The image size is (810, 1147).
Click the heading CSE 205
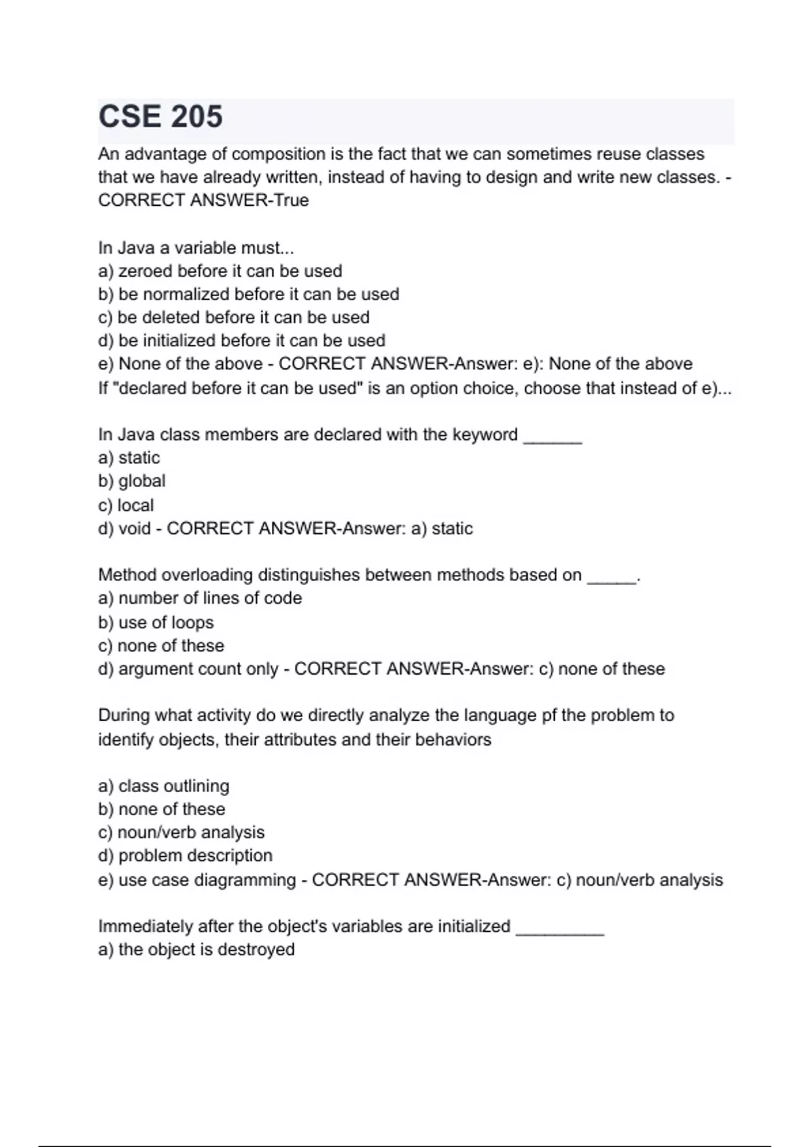click(161, 116)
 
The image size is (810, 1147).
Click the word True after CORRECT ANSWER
click(290, 200)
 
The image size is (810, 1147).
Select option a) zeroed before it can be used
click(220, 271)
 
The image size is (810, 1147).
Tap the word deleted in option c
click(169, 317)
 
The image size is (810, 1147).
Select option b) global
click(132, 481)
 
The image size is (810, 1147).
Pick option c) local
click(126, 505)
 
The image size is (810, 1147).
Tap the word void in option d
click(134, 528)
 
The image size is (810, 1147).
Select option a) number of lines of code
click(200, 598)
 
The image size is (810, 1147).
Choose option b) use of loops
click(156, 622)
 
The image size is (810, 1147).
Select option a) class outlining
click(163, 786)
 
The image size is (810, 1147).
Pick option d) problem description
click(186, 856)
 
